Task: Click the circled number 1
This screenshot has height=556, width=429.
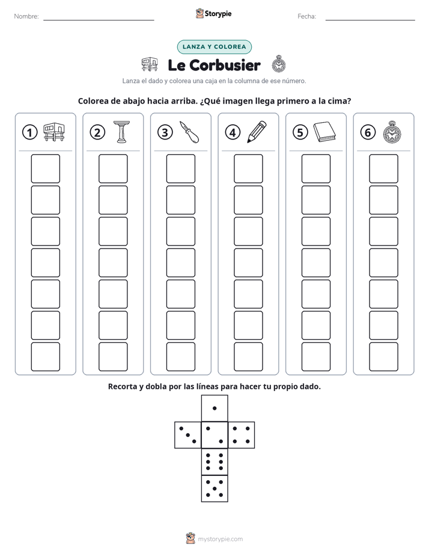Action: [x=29, y=132]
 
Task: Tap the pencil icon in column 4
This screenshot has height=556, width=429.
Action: [x=257, y=132]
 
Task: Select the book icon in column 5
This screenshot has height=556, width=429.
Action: [x=324, y=132]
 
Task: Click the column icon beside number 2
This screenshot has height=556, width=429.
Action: [x=121, y=132]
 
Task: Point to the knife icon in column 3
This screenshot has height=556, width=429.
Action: [x=189, y=132]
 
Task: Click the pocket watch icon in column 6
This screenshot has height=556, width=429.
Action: [x=392, y=132]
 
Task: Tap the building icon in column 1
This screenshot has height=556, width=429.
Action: [x=54, y=132]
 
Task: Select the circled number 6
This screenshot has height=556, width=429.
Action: [x=368, y=132]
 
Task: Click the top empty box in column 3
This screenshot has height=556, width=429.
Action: [x=180, y=168]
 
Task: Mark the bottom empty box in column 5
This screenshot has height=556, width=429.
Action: [x=315, y=357]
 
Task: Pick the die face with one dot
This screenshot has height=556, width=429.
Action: [x=214, y=409]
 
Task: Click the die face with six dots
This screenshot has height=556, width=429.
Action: [x=214, y=462]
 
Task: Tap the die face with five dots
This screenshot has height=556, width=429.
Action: [x=214, y=489]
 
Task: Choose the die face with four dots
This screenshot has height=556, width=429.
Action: [x=242, y=435]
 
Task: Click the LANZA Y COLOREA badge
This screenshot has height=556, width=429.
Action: [x=214, y=47]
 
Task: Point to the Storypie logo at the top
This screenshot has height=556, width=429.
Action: [x=214, y=14]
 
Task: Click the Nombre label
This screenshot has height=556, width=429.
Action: [x=26, y=16]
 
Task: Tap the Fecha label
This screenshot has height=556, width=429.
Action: [x=306, y=16]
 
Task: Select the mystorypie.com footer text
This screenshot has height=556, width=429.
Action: [x=220, y=539]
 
